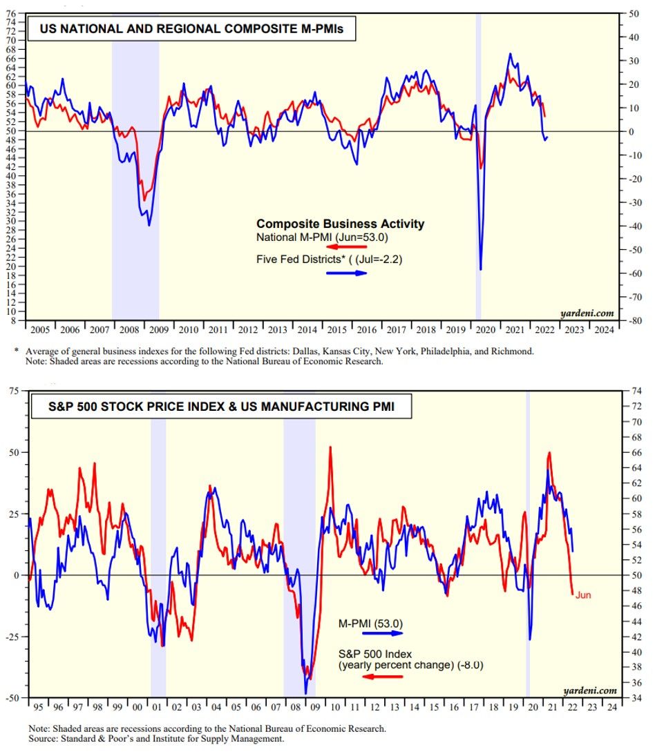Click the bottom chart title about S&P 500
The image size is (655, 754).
[220, 407]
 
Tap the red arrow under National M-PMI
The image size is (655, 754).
[345, 246]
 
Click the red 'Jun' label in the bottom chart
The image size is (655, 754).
[582, 595]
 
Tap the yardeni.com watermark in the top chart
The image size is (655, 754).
[593, 312]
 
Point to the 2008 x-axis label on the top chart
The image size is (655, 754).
[129, 329]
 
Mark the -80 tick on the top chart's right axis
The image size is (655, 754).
[631, 321]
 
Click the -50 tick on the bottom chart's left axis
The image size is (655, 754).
[12, 698]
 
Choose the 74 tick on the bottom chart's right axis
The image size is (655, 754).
[631, 391]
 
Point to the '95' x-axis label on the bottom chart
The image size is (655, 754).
[37, 707]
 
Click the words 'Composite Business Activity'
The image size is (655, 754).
[340, 224]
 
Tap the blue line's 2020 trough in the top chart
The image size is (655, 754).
[480, 269]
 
